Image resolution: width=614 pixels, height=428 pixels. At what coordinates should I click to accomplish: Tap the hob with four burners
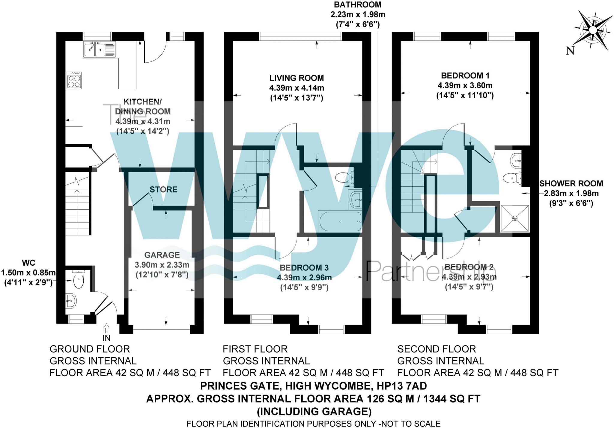click(x=74, y=80)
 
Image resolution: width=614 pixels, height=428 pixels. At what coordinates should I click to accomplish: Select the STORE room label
click(x=163, y=190)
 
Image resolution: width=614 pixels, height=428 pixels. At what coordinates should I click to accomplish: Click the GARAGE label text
click(x=162, y=255)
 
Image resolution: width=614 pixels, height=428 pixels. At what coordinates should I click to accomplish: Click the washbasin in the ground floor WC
click(x=71, y=300)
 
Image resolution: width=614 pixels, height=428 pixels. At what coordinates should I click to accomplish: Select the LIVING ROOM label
click(x=297, y=78)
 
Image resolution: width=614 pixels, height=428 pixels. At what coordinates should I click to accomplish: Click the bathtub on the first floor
click(x=341, y=222)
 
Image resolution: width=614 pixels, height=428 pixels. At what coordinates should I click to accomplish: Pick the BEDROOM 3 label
click(x=304, y=267)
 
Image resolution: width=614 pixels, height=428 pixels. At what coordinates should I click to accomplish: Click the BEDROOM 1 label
click(x=465, y=75)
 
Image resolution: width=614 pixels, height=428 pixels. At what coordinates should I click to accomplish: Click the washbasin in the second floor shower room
click(x=516, y=161)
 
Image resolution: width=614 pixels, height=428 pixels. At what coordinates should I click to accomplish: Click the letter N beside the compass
click(x=570, y=51)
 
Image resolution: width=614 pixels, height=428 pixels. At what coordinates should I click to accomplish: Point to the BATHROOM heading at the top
click(x=358, y=5)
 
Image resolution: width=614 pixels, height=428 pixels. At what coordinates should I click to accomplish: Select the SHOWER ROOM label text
click(x=571, y=184)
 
